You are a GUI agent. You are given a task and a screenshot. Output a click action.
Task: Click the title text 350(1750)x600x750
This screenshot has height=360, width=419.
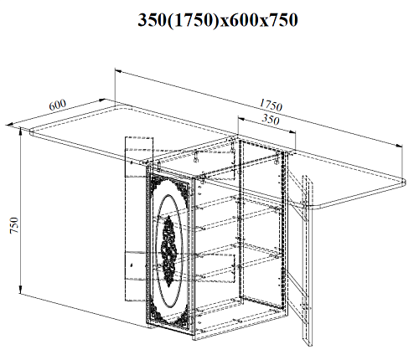(x=218, y=20)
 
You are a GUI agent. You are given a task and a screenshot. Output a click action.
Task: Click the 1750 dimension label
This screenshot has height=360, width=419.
(x=271, y=105)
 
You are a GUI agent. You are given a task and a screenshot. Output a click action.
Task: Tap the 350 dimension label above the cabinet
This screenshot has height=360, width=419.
(x=271, y=120)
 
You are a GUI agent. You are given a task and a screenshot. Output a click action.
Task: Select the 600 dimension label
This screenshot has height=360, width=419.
(x=58, y=105)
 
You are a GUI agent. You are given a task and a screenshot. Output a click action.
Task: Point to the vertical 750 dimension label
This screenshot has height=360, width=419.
(x=14, y=225)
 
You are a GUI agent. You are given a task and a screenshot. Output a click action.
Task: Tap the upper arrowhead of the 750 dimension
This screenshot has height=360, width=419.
(x=20, y=131)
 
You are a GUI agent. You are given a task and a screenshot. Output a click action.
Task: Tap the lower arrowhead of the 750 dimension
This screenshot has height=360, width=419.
(x=20, y=290)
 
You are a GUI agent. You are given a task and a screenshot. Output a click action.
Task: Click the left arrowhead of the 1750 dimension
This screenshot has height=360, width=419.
(x=118, y=71)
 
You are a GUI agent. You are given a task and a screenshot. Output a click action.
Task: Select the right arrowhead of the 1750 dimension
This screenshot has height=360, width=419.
(x=399, y=146)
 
